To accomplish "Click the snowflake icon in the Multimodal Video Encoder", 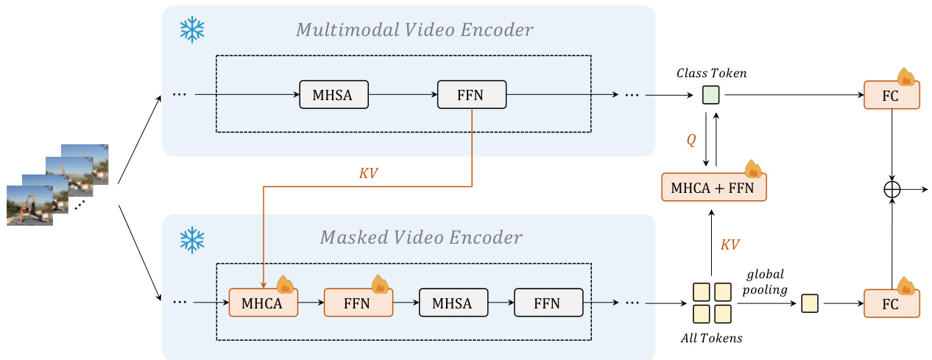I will pyautogui.click(x=192, y=29).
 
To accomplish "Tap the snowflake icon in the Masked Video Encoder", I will pyautogui.click(x=192, y=238).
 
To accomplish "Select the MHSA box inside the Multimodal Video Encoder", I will pyautogui.click(x=333, y=95).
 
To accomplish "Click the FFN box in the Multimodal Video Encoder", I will pyautogui.click(x=472, y=95).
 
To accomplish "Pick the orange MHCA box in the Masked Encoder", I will pyautogui.click(x=264, y=303).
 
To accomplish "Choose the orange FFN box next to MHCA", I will pyautogui.click(x=358, y=303).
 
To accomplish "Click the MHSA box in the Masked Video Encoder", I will pyautogui.click(x=453, y=303).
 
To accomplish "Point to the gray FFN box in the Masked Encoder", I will pyautogui.click(x=548, y=303).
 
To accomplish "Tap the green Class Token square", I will pyautogui.click(x=710, y=95).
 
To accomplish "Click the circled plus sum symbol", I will pyautogui.click(x=892, y=189).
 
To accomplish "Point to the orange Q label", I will pyautogui.click(x=691, y=140).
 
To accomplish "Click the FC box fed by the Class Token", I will pyautogui.click(x=892, y=95).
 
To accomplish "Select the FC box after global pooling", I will pyautogui.click(x=892, y=303).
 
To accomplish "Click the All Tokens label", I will pyautogui.click(x=712, y=339).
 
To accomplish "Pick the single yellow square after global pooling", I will pyautogui.click(x=810, y=303).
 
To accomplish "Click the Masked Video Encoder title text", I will pyautogui.click(x=421, y=238).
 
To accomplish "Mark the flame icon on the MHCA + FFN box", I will pyautogui.click(x=753, y=170).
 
